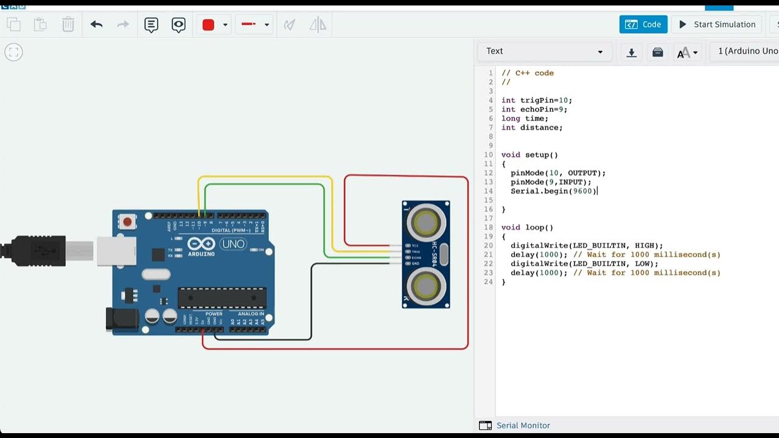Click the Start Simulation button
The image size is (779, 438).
[716, 24]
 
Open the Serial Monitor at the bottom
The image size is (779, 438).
[523, 425]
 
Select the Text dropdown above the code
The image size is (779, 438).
[543, 51]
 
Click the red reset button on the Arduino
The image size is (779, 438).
[128, 221]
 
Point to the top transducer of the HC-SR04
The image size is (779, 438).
[425, 223]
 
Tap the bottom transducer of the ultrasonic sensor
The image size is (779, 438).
[425, 285]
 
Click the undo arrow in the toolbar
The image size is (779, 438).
[96, 24]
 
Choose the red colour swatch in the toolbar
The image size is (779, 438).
[208, 25]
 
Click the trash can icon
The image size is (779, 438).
[68, 24]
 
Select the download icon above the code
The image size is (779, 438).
[632, 52]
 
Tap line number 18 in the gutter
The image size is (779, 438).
[489, 228]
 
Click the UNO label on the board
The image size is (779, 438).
[232, 244]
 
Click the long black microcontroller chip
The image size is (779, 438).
[222, 297]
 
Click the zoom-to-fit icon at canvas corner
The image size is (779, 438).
[13, 52]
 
